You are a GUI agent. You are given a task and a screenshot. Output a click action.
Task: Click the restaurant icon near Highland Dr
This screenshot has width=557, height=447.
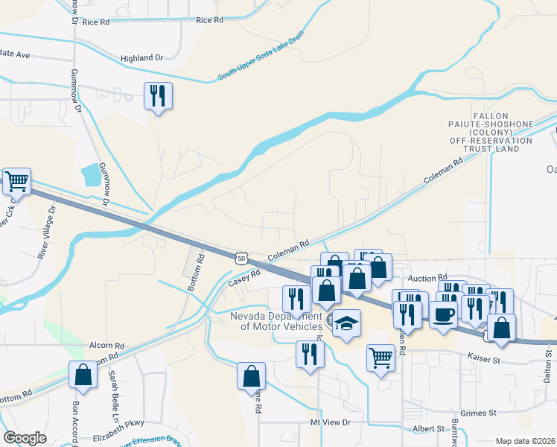[158, 95]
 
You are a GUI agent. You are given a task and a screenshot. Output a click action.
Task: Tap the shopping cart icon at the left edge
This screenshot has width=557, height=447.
[16, 181]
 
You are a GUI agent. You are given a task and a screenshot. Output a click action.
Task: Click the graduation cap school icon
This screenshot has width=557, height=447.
[346, 323]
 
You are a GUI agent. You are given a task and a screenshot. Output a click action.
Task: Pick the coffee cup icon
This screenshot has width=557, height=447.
[443, 314]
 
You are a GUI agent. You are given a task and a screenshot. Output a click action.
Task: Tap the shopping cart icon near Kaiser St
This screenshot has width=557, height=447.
[381, 358]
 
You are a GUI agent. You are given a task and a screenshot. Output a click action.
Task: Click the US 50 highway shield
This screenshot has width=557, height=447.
[240, 257]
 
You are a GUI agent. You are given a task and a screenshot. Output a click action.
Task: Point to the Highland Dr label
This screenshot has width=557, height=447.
[141, 57]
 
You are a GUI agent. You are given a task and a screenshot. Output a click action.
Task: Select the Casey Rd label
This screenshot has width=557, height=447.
[244, 276]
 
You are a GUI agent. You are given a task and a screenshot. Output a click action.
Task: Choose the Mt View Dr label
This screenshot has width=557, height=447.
[330, 422]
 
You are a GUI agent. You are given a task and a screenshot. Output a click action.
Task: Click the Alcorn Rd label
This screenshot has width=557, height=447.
[106, 346]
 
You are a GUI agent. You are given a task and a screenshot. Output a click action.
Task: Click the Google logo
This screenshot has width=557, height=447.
[25, 438]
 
